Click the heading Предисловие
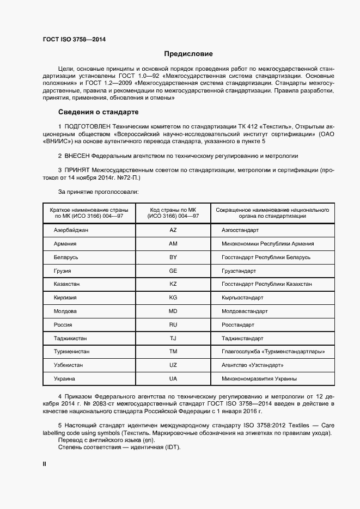188,54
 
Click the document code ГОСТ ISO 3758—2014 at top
74,40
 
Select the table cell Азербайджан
71,230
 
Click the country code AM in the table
173,244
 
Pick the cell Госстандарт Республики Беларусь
266,257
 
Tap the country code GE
173,271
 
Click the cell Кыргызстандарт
242,298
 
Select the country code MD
173,311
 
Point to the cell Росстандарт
238,325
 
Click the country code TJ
173,338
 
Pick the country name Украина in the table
64,378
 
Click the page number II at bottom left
45,464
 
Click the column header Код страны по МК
173,210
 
